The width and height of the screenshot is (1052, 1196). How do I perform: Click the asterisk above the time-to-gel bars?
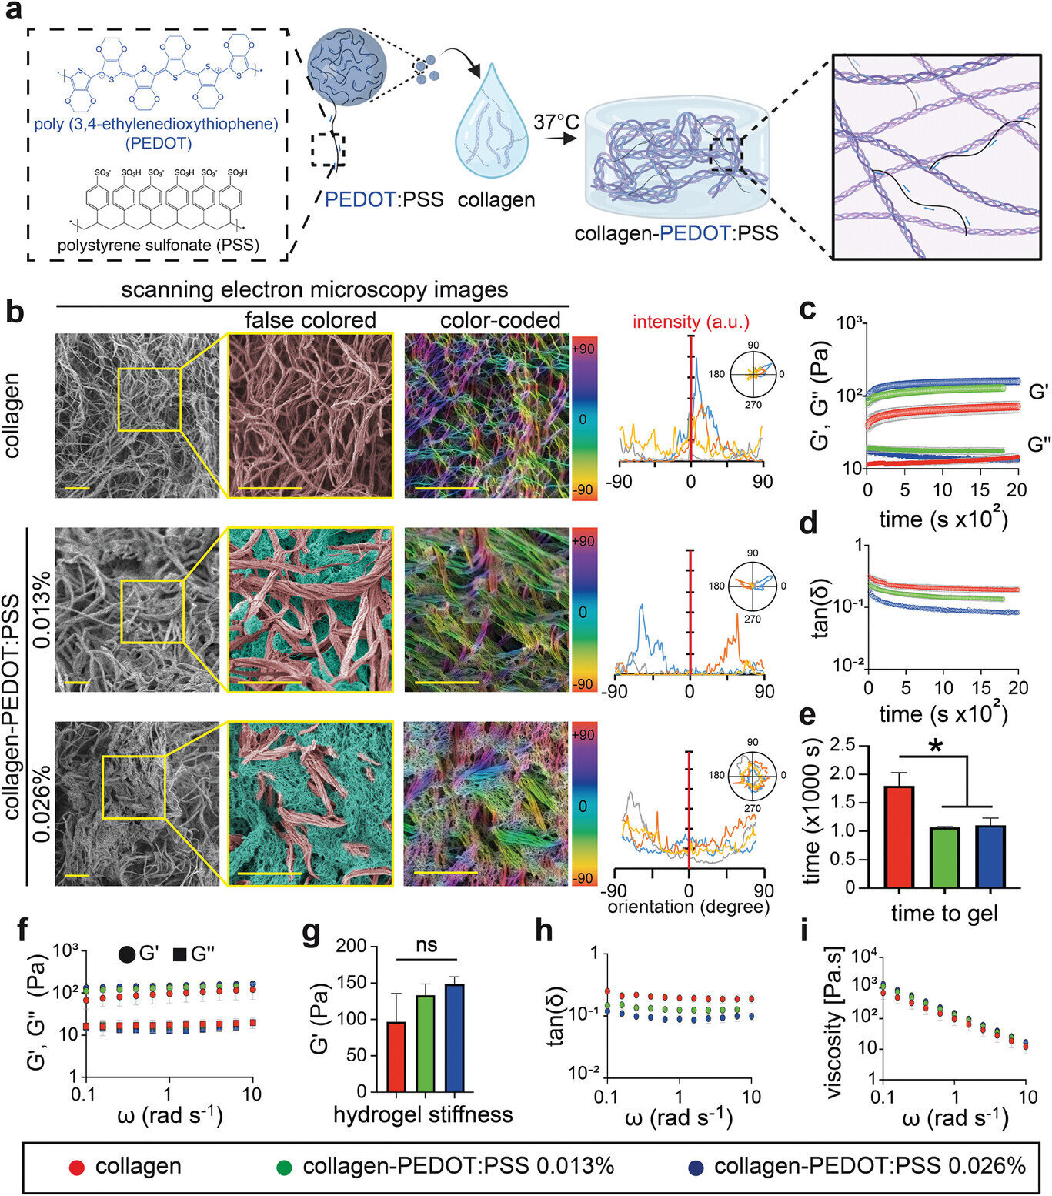935,746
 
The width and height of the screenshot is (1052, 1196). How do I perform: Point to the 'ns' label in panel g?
426,945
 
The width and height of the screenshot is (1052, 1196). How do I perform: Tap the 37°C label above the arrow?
556,122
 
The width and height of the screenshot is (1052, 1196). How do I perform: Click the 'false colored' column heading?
310,319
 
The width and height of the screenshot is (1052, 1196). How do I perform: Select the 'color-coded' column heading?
499,319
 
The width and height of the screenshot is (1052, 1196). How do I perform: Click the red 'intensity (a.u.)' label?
691,322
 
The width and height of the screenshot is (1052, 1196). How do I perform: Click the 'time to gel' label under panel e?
944,914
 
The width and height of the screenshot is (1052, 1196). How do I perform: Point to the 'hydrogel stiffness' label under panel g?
422,1114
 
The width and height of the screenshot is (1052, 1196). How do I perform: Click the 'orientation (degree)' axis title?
689,907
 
